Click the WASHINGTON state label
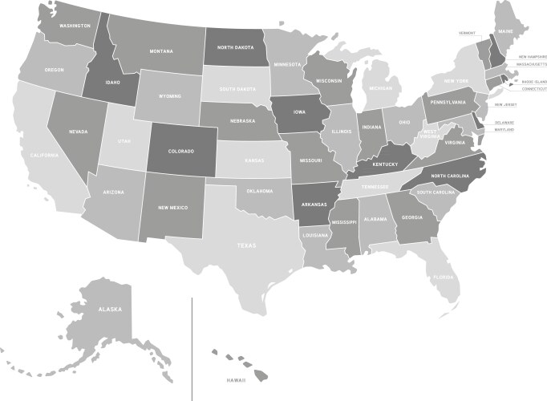pos(74,26)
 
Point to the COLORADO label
pos(180,152)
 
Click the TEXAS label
pos(246,245)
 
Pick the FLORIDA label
pos(444,277)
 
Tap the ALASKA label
pos(109,309)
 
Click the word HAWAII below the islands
pos(236,379)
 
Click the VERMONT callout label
pos(467,34)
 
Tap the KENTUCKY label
pos(385,164)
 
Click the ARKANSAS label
pos(314,205)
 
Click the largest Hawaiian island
pos(261,374)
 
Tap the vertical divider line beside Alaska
pos(192,345)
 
